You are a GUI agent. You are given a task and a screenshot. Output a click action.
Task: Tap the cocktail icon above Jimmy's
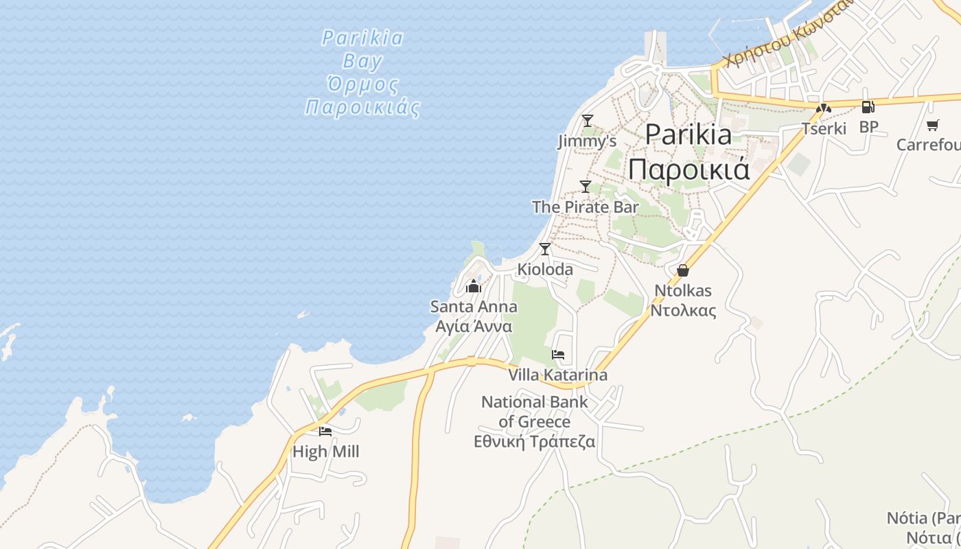coord(587,121)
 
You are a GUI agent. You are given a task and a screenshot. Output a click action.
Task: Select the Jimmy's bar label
coord(586,141)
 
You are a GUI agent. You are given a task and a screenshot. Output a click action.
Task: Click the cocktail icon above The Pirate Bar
coord(586,186)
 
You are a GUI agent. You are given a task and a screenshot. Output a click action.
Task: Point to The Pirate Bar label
coord(586,207)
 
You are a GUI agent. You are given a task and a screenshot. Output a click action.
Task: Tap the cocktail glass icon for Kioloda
coord(545,249)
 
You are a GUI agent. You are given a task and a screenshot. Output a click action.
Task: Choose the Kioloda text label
coord(545,270)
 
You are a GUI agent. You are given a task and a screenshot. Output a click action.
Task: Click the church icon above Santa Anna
coord(474,286)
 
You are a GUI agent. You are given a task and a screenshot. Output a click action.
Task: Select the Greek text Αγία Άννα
coord(474,326)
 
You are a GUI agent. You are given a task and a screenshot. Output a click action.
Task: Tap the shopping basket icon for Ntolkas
coord(682,270)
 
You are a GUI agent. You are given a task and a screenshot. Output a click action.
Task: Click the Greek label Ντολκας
coord(683,311)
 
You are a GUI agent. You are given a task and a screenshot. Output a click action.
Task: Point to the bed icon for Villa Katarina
coord(558,355)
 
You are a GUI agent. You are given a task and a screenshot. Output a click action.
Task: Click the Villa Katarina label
coord(558,375)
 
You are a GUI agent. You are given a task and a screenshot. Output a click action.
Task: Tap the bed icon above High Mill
coord(325,432)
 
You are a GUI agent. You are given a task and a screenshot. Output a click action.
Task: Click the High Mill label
coord(325,452)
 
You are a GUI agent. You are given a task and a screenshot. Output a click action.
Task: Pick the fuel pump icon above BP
coord(868,107)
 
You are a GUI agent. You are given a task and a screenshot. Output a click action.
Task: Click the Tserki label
coord(824,128)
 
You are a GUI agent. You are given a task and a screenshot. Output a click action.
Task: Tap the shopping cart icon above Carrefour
coord(932,125)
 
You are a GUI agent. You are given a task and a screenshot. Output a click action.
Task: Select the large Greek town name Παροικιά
coord(688,169)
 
